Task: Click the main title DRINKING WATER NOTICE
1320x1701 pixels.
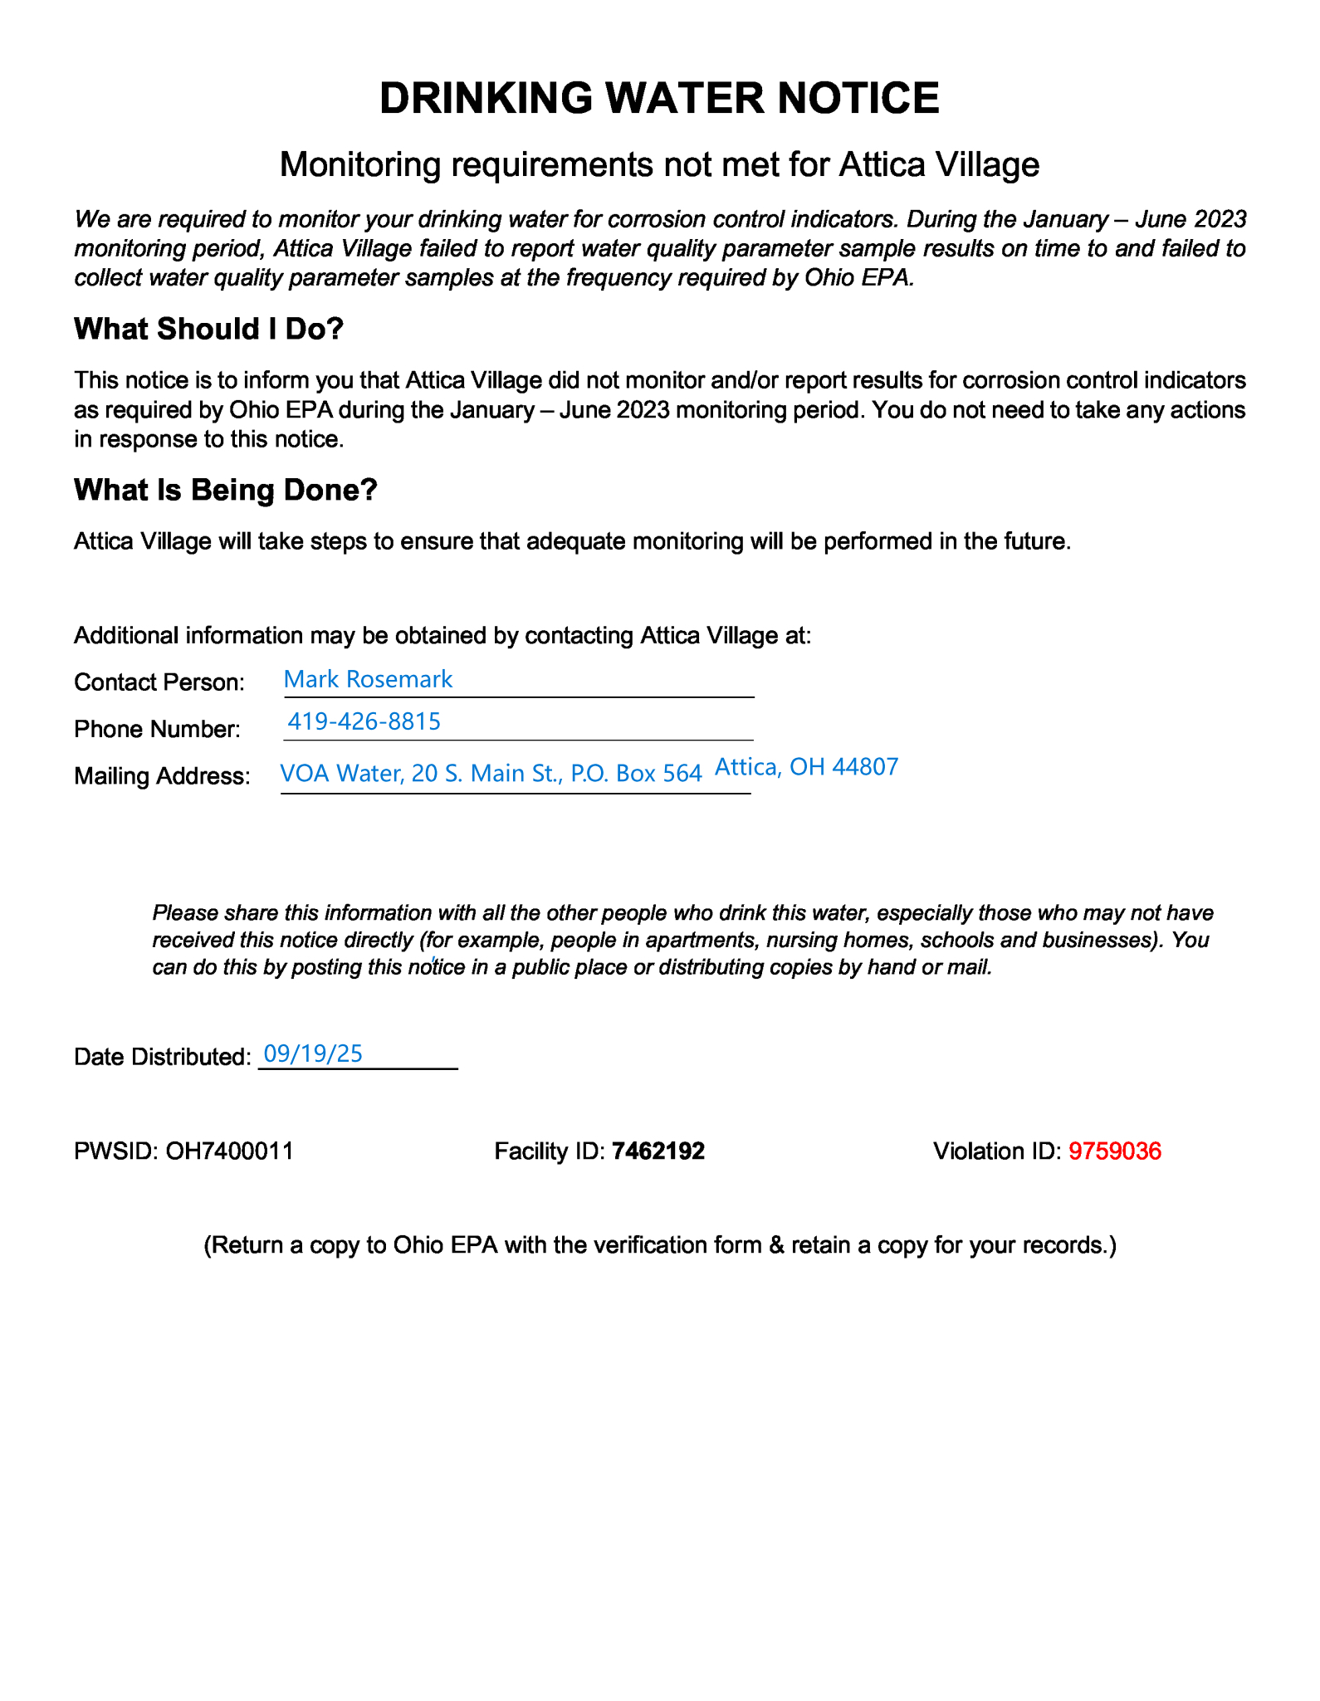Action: pyautogui.click(x=659, y=98)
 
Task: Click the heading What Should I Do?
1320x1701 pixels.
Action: pyautogui.click(x=208, y=329)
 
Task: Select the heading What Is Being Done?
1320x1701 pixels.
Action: pyautogui.click(x=226, y=490)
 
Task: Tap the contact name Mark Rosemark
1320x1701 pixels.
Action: pyautogui.click(x=368, y=679)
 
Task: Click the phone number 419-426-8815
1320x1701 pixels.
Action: pyautogui.click(x=364, y=721)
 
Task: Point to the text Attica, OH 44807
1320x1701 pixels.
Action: pyautogui.click(x=806, y=766)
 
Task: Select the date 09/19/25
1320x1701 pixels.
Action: pyautogui.click(x=313, y=1053)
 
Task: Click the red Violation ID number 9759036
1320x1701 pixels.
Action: pyautogui.click(x=1114, y=1151)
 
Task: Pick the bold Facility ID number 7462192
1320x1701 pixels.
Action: pyautogui.click(x=658, y=1151)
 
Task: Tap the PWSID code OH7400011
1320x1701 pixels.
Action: pyautogui.click(x=230, y=1151)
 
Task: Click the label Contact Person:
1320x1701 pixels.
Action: pyautogui.click(x=159, y=682)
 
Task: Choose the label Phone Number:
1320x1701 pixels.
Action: pyautogui.click(x=157, y=729)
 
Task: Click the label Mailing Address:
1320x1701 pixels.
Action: pyautogui.click(x=162, y=775)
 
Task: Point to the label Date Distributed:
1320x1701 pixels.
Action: pyautogui.click(x=162, y=1057)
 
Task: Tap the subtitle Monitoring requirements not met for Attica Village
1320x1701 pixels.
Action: pyautogui.click(x=659, y=164)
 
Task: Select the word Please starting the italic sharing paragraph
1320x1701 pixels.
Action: pyautogui.click(x=183, y=913)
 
